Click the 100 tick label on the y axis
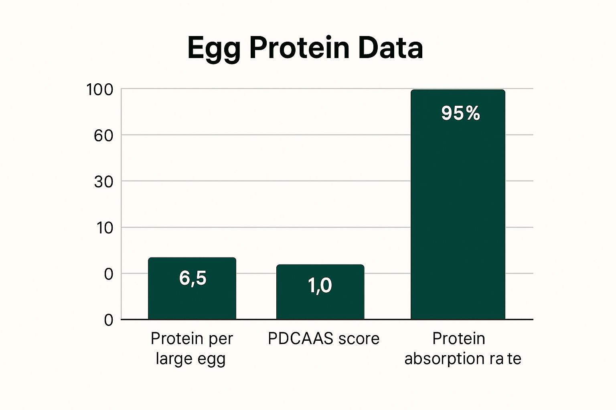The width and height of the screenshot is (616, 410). (x=100, y=90)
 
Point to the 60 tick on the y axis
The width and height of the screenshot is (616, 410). (x=103, y=136)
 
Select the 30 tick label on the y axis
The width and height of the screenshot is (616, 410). (x=103, y=182)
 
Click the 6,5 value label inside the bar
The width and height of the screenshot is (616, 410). (x=193, y=278)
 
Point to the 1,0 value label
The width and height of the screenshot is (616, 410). (x=320, y=285)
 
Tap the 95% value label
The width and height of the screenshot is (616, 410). (x=460, y=113)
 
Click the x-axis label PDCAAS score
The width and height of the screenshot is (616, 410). (x=323, y=339)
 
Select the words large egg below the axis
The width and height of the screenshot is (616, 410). (x=190, y=359)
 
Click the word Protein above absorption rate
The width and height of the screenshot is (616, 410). (x=458, y=339)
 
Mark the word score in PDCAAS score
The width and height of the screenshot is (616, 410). (x=358, y=339)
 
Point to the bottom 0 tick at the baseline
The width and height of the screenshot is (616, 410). (x=109, y=320)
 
